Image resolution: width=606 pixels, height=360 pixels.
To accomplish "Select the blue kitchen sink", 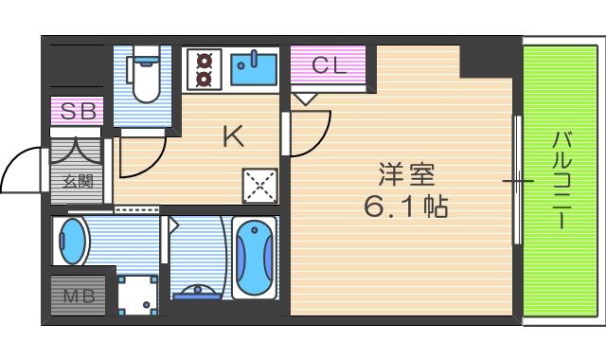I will pos(253,69).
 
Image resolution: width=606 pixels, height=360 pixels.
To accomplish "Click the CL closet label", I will pos(329,65).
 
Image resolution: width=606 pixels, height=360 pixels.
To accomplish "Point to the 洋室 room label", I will pos(407,174).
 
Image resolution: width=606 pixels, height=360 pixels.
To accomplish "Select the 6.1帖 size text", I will pos(407,206).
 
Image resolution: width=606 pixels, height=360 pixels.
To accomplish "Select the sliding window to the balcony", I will pos(517,180).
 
